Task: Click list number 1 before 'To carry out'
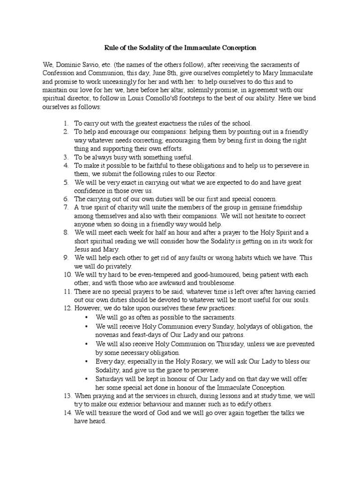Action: (66, 123)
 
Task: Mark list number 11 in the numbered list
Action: (66, 292)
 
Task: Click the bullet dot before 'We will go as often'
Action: (88, 317)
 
